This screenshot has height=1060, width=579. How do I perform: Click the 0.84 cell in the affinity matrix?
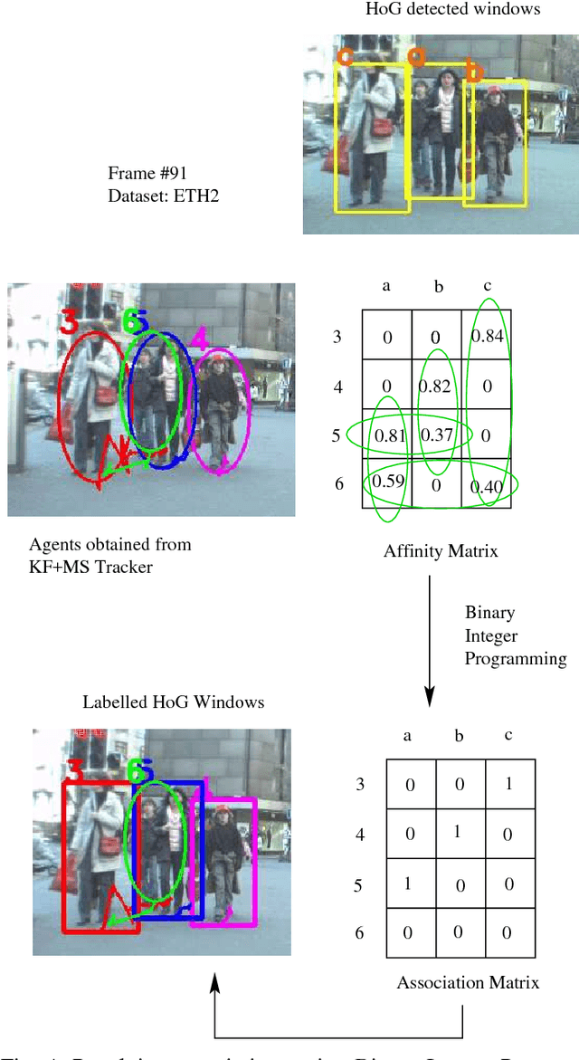[487, 337]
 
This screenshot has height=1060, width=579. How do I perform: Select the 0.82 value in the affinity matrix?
[436, 387]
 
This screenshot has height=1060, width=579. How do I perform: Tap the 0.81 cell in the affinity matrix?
[387, 436]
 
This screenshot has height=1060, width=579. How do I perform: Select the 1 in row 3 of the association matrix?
[508, 784]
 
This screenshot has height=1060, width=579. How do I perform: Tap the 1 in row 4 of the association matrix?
[458, 832]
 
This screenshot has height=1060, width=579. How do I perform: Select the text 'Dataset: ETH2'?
[150, 193]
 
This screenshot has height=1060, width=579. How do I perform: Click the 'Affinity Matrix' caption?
[440, 551]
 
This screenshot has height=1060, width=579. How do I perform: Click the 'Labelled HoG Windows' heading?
[174, 702]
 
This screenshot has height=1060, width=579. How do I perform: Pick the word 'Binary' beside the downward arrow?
[489, 613]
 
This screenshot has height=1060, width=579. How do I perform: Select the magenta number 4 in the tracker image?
[198, 337]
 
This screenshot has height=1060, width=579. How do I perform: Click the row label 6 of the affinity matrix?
[339, 484]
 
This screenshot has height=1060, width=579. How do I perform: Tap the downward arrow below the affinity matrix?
[429, 647]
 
